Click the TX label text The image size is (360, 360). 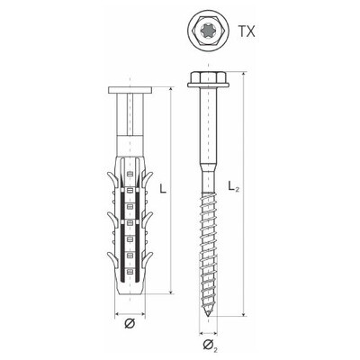pos(247,31)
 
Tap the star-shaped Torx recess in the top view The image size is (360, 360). pos(209,31)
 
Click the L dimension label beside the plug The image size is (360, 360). pos(162,189)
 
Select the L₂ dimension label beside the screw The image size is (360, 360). pos(234,186)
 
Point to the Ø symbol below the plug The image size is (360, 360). pos(130,324)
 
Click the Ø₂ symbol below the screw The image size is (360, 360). pos(211,346)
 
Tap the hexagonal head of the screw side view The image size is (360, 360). pos(208,76)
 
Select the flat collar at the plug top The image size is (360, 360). pos(130,90)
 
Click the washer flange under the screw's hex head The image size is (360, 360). pos(208,85)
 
